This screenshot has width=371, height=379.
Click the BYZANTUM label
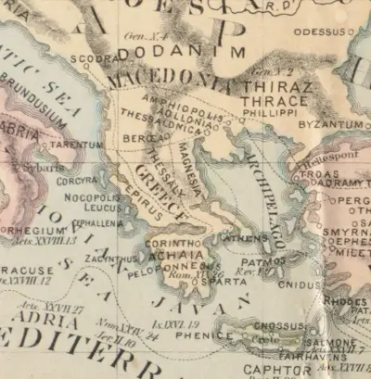click(x=329, y=123)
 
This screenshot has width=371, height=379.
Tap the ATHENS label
click(x=245, y=237)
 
